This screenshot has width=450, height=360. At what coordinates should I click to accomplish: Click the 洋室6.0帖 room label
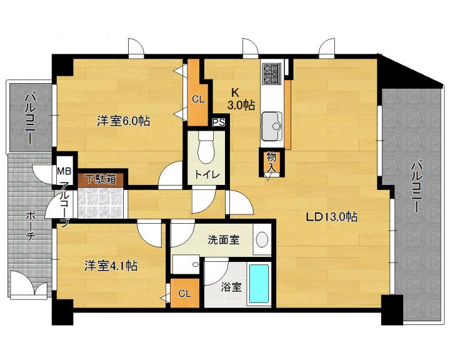click(x=123, y=121)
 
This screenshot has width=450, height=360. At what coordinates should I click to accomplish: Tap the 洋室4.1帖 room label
click(x=111, y=266)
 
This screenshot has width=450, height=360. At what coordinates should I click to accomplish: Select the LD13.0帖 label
click(x=332, y=216)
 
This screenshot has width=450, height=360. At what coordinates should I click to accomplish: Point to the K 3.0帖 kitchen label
click(x=241, y=99)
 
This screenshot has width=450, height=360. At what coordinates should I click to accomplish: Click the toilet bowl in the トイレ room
click(x=206, y=148)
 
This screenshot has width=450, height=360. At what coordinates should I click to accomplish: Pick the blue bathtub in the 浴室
click(x=259, y=284)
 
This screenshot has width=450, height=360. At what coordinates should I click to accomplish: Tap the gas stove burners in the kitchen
click(x=271, y=74)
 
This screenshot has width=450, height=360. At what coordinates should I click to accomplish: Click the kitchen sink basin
click(x=271, y=126)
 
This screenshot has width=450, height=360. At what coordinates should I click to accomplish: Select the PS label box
click(x=219, y=122)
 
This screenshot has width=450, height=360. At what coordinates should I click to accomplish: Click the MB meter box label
click(x=64, y=171)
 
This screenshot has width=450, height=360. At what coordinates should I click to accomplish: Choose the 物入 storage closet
click(x=271, y=162)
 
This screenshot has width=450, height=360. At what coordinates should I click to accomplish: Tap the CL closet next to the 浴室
click(x=184, y=293)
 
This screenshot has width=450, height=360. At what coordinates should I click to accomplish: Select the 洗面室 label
click(x=224, y=240)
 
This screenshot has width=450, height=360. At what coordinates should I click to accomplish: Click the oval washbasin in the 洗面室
click(x=262, y=239)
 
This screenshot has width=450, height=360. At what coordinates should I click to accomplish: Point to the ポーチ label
click(x=31, y=226)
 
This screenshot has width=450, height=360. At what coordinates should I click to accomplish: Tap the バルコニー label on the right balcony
click(x=416, y=187)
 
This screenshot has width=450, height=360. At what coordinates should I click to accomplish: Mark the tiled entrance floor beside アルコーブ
click(x=101, y=202)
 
